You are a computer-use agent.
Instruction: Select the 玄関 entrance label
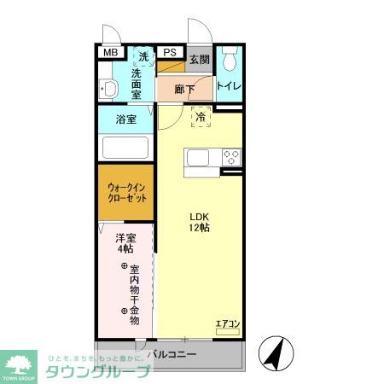tap(199, 60)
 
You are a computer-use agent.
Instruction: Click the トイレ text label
tap(228, 86)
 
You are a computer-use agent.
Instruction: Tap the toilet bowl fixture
tap(229, 61)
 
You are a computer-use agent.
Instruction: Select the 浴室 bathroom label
tap(125, 119)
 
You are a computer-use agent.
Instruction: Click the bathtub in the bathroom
tap(125, 146)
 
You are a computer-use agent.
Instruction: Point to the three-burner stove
tap(231, 157)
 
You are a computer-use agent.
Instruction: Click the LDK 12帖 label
tap(200, 222)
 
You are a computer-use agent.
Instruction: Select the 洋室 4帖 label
tap(125, 243)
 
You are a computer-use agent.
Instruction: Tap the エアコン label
tap(227, 323)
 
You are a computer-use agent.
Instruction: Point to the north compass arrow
tap(275, 351)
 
